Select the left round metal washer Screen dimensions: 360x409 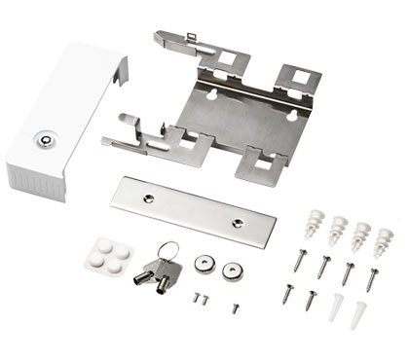(203, 262)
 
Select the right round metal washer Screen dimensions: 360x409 (231, 269)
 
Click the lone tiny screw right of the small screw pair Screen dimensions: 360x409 (236, 307)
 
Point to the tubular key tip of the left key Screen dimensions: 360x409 (142, 277)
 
